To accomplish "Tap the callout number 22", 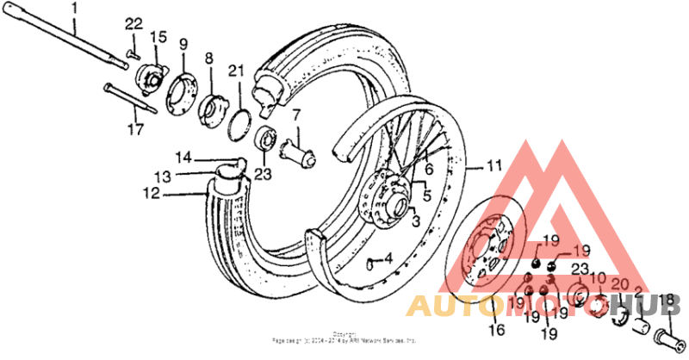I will (133, 22).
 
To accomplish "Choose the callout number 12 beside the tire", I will (152, 195).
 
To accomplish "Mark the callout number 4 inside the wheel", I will (388, 258).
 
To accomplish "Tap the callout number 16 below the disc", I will (496, 329).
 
